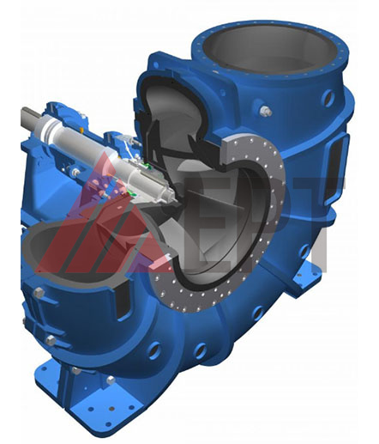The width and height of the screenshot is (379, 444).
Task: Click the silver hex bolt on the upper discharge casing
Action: click(266, 111)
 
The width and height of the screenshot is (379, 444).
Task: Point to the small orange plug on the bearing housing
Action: click(81, 131)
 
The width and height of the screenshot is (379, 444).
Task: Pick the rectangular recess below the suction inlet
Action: click(123, 301)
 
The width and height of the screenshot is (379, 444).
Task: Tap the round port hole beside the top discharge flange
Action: click(328, 98)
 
